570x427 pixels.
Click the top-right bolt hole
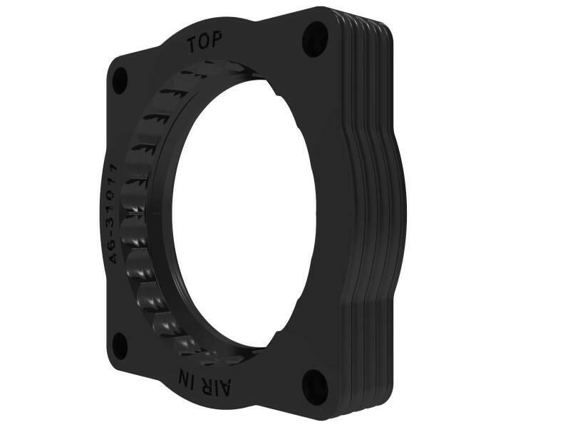314,39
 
